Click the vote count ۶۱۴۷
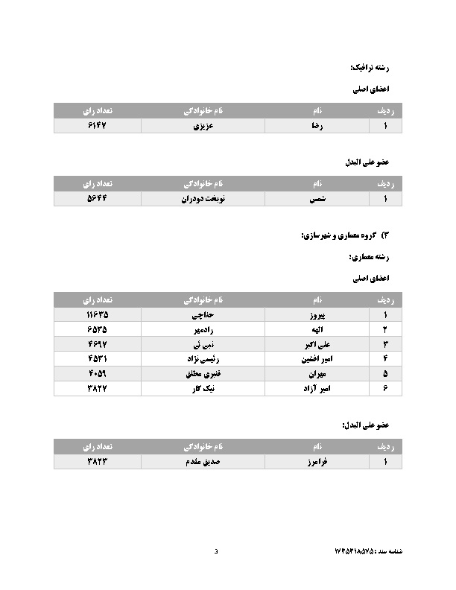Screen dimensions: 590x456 click(x=98, y=126)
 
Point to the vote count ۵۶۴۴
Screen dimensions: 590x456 click(x=98, y=199)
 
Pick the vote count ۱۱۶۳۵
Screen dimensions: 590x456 click(x=98, y=315)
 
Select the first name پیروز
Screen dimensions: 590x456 click(x=317, y=315)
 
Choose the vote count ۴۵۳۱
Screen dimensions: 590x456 click(x=98, y=358)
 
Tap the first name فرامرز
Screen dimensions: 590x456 click(x=317, y=462)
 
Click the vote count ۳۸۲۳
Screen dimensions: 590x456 click(x=98, y=462)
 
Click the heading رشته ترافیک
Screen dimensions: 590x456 click(x=370, y=67)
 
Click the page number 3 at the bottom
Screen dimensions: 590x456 click(x=216, y=551)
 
